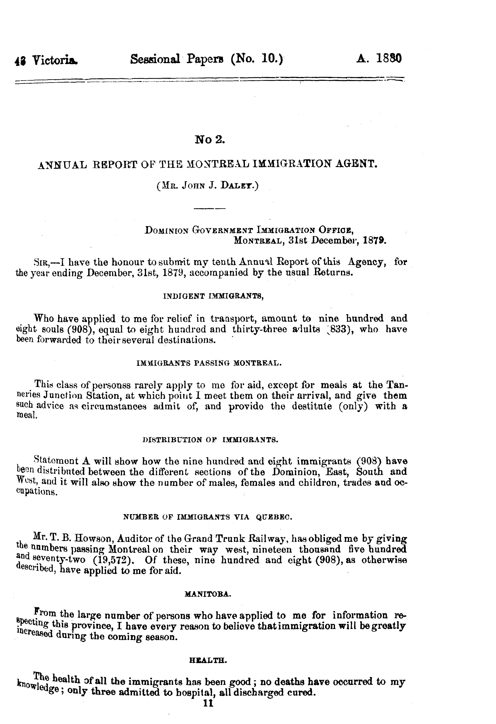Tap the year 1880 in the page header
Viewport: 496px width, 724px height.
[x=389, y=58]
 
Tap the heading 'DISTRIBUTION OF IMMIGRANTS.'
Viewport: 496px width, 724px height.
[x=210, y=440]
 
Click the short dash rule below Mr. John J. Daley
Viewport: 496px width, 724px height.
[x=209, y=208]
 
